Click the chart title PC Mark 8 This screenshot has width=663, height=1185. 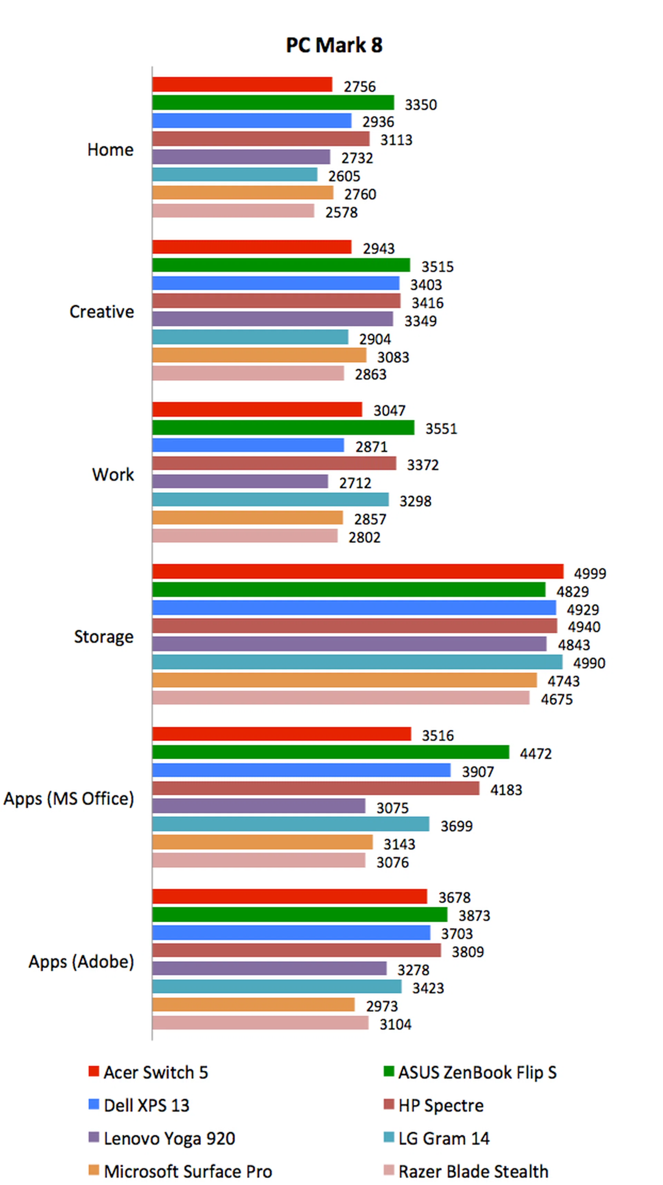tap(334, 45)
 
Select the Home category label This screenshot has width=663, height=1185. tap(110, 150)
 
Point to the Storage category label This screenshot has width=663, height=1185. tap(104, 637)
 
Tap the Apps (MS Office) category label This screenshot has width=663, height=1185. tap(69, 799)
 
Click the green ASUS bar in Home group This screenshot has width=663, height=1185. tap(273, 103)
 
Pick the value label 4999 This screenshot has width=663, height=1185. tap(590, 574)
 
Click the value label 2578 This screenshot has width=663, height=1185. tap(342, 213)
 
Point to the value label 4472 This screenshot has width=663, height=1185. tap(536, 753)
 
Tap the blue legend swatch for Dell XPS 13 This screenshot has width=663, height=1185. tap(94, 1105)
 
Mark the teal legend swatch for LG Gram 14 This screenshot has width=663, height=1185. tap(389, 1137)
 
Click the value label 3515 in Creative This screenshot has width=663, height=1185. tap(438, 267)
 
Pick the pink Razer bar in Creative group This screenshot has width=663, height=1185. tap(248, 373)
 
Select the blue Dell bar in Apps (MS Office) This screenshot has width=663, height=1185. tap(301, 770)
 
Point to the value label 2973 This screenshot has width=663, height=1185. tap(382, 1006)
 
